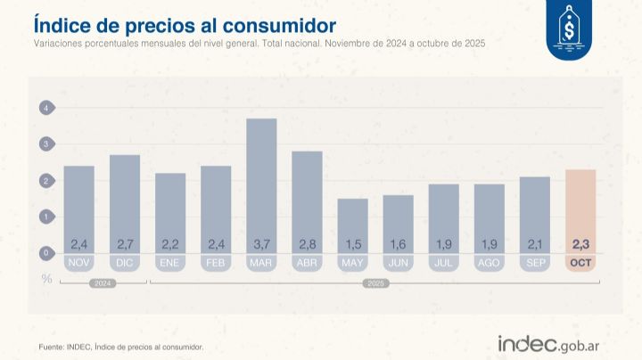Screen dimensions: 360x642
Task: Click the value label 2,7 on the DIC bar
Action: (x=124, y=244)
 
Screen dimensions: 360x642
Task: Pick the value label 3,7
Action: (x=261, y=244)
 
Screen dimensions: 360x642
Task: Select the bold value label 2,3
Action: (x=580, y=244)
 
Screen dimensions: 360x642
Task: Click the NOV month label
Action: (x=78, y=263)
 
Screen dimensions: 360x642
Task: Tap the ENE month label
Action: (x=170, y=263)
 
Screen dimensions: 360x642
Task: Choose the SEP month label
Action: (x=535, y=263)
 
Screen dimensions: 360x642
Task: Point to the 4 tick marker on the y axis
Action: (x=45, y=108)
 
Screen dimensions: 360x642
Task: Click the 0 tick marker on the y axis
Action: (x=45, y=253)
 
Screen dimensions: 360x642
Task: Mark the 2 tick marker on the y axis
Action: (x=45, y=181)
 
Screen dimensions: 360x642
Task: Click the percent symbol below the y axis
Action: (x=45, y=278)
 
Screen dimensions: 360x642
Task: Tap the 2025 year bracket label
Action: (x=374, y=284)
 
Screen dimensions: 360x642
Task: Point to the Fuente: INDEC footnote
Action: (x=120, y=346)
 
